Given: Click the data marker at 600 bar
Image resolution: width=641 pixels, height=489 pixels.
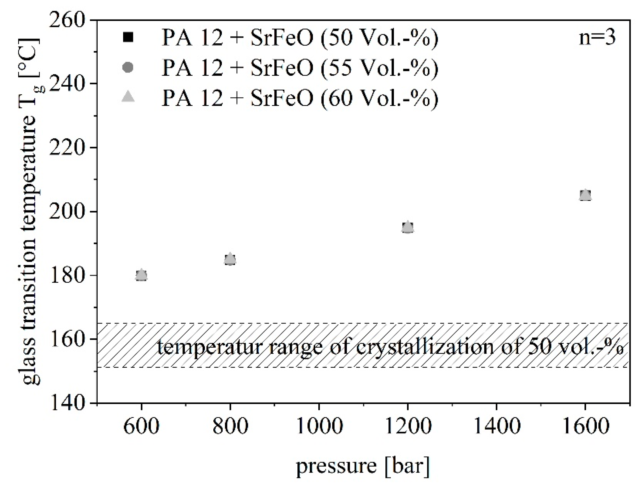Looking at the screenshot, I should point(141,275).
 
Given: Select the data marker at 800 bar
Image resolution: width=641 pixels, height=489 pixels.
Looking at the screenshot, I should point(230,259).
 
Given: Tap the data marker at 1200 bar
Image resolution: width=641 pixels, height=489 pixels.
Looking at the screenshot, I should point(408,227).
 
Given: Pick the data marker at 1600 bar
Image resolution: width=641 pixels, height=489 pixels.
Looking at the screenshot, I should point(585,195).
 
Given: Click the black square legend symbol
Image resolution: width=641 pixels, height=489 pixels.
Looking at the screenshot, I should point(128,38).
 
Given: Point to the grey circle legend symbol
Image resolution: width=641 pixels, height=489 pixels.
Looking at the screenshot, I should point(128,67).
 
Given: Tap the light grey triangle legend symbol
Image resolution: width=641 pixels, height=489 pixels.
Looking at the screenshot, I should point(128,96).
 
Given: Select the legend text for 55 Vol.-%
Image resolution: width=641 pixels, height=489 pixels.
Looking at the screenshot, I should point(300,67).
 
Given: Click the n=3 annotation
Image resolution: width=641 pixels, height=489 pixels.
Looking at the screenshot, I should point(597,38).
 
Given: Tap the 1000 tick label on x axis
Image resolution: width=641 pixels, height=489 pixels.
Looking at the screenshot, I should point(319,426).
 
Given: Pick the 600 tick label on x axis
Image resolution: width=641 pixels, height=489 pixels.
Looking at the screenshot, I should point(141,426).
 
